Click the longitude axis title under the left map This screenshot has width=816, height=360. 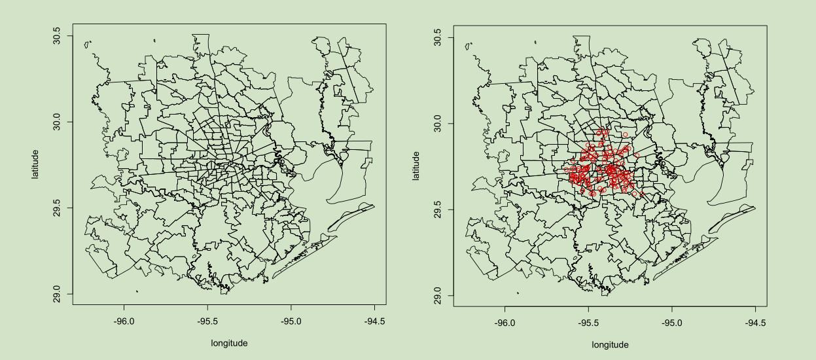[229, 342]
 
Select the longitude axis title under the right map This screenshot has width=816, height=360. [610, 344]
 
